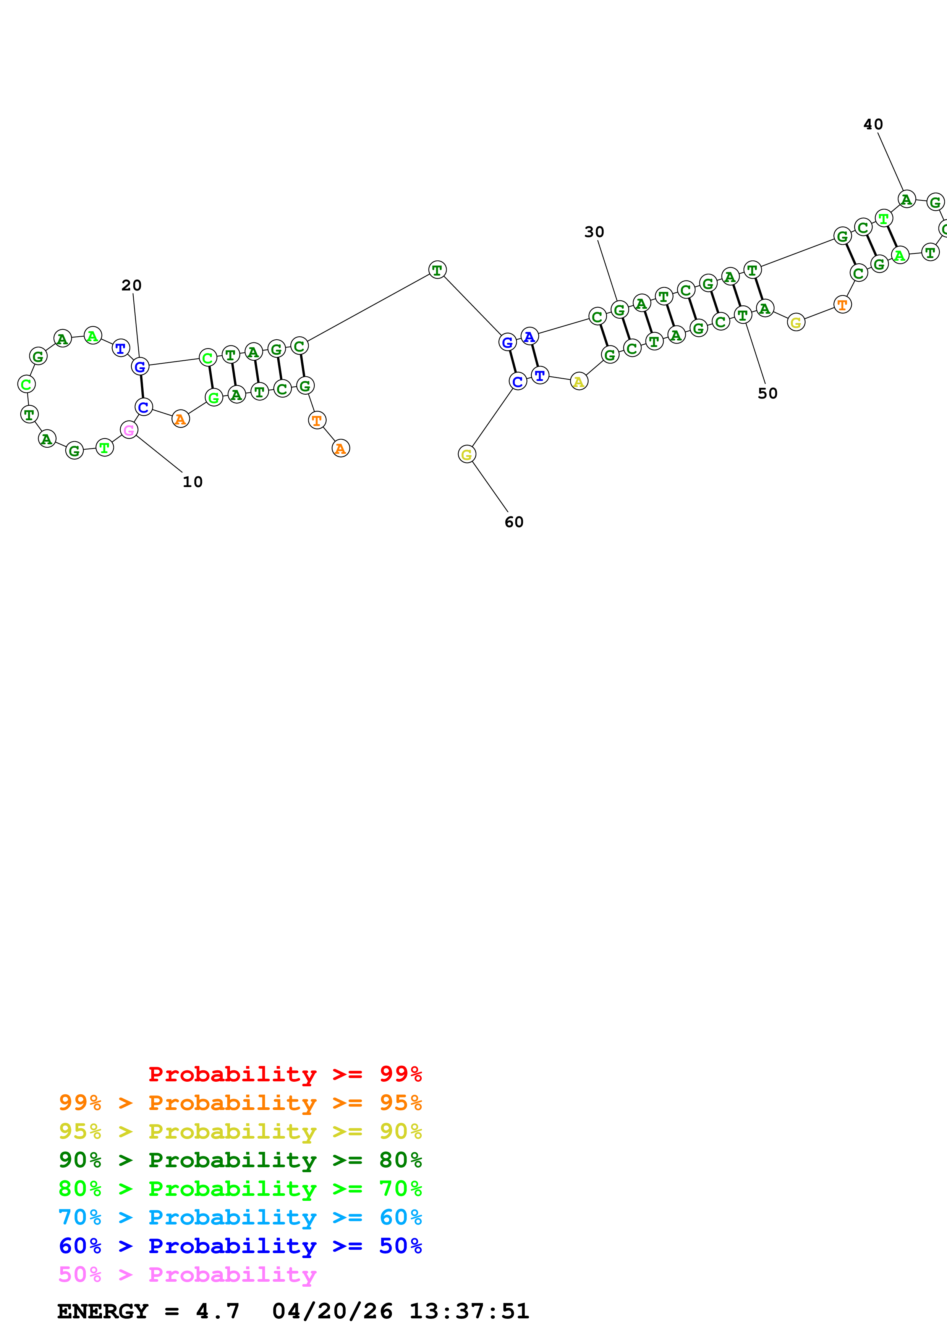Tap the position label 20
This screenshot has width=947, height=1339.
131,285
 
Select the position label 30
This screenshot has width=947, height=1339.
594,232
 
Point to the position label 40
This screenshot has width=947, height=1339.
873,124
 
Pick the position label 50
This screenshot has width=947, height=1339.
767,394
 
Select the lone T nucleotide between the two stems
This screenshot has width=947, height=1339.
437,269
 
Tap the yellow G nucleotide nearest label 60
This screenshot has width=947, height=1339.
466,454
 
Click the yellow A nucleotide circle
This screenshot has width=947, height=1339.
578,381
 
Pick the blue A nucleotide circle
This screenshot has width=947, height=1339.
529,337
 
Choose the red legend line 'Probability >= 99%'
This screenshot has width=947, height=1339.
285,1074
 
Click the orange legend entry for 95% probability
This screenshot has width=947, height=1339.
240,1103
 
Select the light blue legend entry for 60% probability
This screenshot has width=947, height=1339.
240,1217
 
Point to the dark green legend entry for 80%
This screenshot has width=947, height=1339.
240,1160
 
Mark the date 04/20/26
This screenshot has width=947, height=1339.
332,1311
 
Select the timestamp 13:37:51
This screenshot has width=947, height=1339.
469,1311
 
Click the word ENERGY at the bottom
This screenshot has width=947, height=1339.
103,1311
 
